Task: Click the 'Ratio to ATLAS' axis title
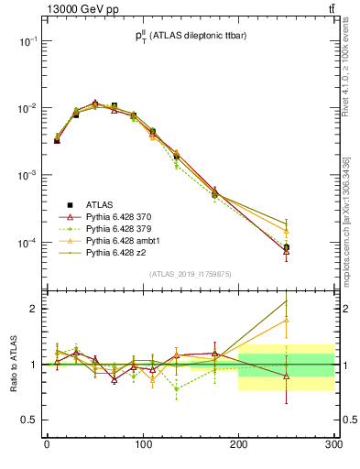pos(12,365)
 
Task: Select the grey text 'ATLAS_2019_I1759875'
pos(190,274)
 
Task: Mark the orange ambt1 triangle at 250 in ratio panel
pos(286,320)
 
